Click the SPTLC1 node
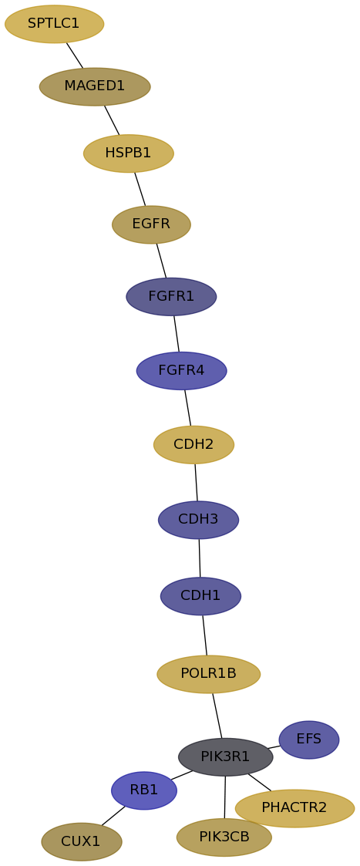pyautogui.click(x=54, y=25)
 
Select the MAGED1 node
pyautogui.click(x=95, y=86)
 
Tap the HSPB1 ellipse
pyautogui.click(x=129, y=153)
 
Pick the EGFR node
pyautogui.click(x=151, y=224)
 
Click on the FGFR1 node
pyautogui.click(x=171, y=297)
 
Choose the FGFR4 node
pyautogui.click(x=182, y=371)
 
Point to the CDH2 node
pyautogui.click(x=193, y=445)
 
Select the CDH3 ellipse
pyautogui.click(x=198, y=520)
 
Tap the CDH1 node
pyautogui.click(x=200, y=596)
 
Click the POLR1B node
pyautogui.click(x=209, y=674)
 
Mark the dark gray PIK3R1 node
pyautogui.click(x=225, y=756)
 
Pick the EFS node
pyautogui.click(x=309, y=740)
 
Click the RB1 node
pyautogui.click(x=144, y=790)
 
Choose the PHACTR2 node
pyautogui.click(x=294, y=808)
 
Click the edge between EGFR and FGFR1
pyautogui.click(x=161, y=261)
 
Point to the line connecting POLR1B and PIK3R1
pyautogui.click(x=217, y=715)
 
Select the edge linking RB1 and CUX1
pyautogui.click(x=113, y=816)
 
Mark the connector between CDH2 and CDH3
pyautogui.click(x=196, y=482)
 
